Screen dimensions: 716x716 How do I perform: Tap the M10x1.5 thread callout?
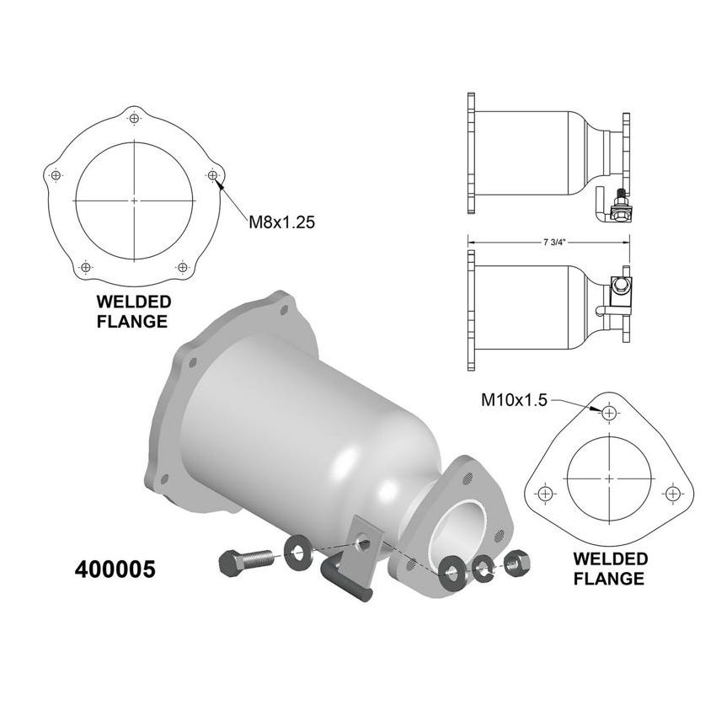click(x=514, y=402)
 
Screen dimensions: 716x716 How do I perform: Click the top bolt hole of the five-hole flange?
click(x=135, y=118)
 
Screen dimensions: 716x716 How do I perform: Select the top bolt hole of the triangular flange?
click(x=609, y=413)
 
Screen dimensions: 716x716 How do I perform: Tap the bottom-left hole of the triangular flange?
click(x=545, y=493)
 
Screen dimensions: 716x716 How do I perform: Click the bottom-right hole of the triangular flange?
click(x=673, y=493)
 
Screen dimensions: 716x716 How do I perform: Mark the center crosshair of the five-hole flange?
click(x=135, y=200)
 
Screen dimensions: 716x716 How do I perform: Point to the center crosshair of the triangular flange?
click(x=609, y=478)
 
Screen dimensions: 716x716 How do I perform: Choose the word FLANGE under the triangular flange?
click(x=609, y=579)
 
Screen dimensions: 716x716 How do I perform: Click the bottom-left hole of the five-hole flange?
click(x=86, y=267)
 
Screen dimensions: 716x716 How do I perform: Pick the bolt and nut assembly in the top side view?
click(x=618, y=207)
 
